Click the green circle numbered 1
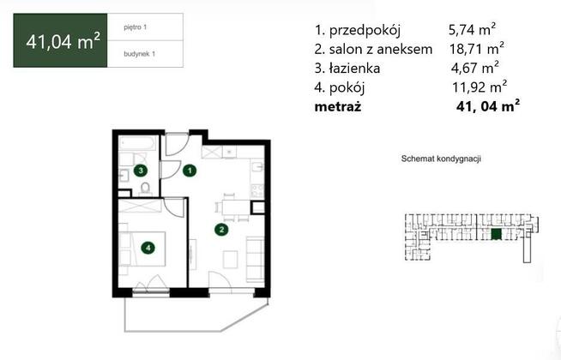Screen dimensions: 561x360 [190, 171]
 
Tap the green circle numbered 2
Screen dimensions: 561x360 [221, 230]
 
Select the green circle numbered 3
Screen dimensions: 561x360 [141, 171]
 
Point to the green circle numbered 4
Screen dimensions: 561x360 [148, 248]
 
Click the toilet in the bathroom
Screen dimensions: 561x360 [145, 189]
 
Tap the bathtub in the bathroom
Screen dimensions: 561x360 [138, 144]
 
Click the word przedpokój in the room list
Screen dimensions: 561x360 [365, 30]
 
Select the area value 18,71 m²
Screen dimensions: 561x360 [477, 48]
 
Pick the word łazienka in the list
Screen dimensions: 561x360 [354, 68]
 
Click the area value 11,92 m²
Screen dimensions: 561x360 [480, 87]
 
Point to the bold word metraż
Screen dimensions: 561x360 [338, 107]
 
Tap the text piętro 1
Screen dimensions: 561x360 [136, 27]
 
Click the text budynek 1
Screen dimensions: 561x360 [140, 54]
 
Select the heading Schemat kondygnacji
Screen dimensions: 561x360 [441, 159]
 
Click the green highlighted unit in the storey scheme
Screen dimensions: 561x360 [497, 234]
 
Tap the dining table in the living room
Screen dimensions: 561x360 [236, 207]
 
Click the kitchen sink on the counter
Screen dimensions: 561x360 [257, 167]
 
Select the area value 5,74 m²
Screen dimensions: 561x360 [473, 29]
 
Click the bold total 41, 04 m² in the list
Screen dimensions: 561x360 [488, 106]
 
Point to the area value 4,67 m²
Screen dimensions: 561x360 [474, 68]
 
